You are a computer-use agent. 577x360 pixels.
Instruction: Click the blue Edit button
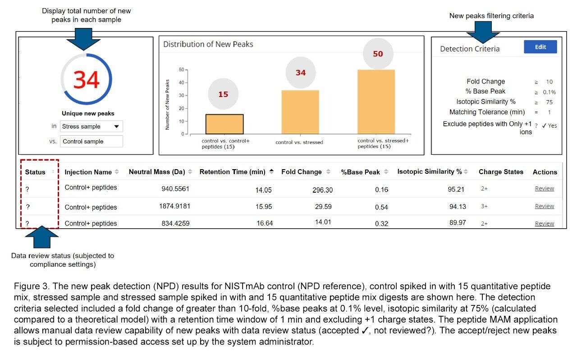[x=540, y=47]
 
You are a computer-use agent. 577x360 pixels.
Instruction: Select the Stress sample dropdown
[x=91, y=126]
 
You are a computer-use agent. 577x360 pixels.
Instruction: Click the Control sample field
[x=91, y=141]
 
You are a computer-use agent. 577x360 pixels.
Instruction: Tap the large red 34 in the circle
[x=86, y=80]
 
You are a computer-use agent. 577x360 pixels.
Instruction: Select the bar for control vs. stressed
[x=300, y=112]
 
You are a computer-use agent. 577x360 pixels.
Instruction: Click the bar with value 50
[x=377, y=102]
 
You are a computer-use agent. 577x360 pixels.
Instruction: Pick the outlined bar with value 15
[x=224, y=124]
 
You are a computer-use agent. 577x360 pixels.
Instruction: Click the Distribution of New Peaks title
[x=208, y=44]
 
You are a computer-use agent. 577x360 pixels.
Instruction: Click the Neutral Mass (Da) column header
[x=157, y=172]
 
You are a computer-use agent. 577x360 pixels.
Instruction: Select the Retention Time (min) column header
[x=233, y=172]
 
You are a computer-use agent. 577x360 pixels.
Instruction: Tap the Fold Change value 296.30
[x=322, y=190]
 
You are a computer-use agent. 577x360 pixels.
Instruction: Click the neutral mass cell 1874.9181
[x=174, y=206]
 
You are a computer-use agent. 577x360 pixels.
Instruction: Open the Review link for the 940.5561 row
[x=544, y=189]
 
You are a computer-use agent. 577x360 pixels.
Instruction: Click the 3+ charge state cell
[x=484, y=206]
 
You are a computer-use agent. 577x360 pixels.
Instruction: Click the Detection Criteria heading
[x=470, y=49]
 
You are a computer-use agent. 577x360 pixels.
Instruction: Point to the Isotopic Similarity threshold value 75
[x=549, y=102]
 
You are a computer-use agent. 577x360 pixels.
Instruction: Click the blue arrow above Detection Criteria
[x=482, y=32]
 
